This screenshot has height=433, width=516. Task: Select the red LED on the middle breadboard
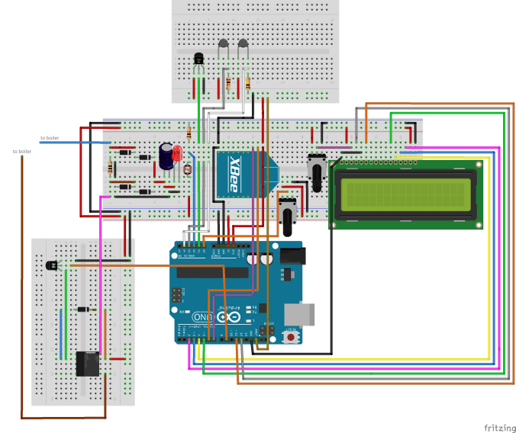point(177,154)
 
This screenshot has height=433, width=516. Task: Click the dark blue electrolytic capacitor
point(166,155)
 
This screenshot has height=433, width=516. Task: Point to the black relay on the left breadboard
point(88,363)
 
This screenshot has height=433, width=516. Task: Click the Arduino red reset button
point(290,336)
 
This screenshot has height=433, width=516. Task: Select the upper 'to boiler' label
point(50,138)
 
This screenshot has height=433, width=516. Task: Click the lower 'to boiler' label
point(22,152)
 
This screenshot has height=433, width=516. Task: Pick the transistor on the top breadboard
point(199,59)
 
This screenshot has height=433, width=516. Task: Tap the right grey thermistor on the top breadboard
point(243,45)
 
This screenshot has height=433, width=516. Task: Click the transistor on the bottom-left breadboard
point(53,265)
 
